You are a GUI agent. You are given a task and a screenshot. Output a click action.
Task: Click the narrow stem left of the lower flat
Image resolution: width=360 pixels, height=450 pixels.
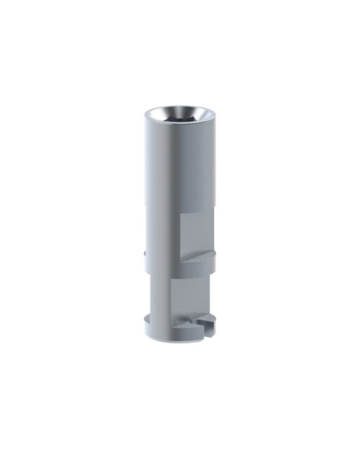(158, 295)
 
